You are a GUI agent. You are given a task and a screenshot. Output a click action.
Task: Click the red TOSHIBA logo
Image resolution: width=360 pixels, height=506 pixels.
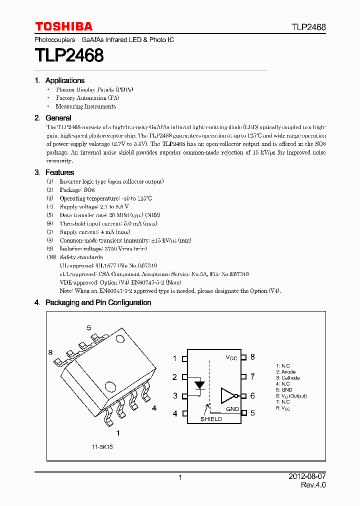[63, 26]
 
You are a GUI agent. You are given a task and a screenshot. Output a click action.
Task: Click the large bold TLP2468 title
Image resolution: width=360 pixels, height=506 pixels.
[69, 55]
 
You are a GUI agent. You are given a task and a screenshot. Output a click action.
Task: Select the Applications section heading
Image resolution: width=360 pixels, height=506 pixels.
[64, 80]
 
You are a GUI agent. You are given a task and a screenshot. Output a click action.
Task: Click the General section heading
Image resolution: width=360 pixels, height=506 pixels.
[58, 118]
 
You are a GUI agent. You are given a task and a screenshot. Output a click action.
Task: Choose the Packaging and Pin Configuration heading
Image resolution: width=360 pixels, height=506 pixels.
[98, 302]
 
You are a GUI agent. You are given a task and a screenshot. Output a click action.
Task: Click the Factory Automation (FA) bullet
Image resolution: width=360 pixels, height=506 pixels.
[87, 98]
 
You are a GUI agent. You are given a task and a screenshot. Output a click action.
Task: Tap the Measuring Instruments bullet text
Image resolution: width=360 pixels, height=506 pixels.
[86, 106]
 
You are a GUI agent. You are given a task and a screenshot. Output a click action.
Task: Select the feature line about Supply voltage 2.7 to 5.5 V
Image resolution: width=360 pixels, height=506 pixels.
[94, 206]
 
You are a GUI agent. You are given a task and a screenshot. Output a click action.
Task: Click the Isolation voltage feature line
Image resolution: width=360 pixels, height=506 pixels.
[103, 248]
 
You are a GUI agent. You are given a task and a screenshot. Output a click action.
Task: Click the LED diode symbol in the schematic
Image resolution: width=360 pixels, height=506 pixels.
[200, 385]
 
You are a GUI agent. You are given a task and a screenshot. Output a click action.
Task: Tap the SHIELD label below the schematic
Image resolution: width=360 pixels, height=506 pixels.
[211, 419]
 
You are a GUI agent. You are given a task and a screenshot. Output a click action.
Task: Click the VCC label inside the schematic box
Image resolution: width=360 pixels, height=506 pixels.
[231, 357]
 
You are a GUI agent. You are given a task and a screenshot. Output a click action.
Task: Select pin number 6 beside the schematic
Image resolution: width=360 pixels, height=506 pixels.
[252, 395]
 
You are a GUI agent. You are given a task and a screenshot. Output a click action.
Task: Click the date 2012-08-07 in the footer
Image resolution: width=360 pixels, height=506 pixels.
[307, 477]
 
